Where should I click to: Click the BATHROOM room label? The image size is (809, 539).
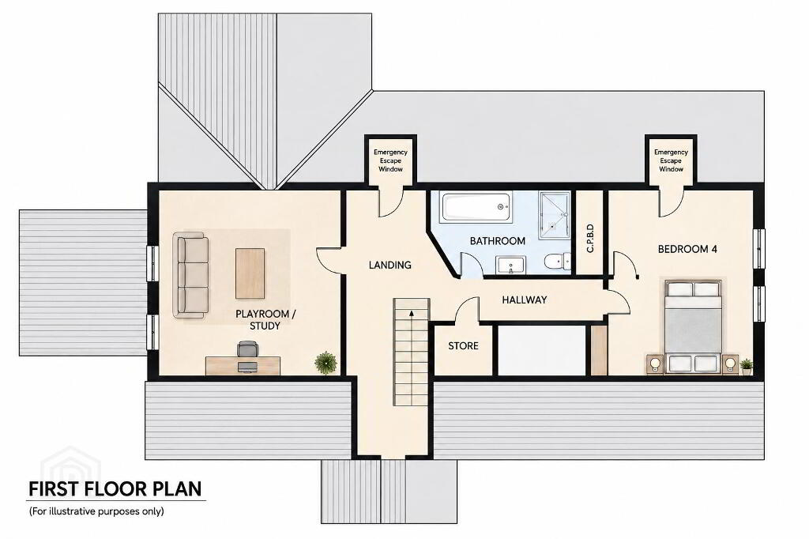[498, 241]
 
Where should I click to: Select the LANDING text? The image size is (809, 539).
[390, 266]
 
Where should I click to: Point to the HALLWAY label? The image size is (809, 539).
[525, 300]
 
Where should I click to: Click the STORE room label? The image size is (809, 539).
[463, 346]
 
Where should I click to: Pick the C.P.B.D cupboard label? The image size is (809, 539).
[590, 239]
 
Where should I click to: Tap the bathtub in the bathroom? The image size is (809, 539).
[477, 208]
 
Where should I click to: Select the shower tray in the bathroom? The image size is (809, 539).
[555, 215]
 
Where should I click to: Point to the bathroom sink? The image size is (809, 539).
[510, 265]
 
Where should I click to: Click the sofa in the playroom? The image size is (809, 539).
[190, 275]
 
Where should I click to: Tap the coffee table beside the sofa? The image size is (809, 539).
[250, 273]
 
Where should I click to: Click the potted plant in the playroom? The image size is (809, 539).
[326, 362]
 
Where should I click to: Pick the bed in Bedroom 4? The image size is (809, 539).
[692, 326]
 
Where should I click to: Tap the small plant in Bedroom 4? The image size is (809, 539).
[746, 366]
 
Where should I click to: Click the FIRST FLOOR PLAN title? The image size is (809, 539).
[115, 489]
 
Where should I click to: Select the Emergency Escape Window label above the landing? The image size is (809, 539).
[390, 160]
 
